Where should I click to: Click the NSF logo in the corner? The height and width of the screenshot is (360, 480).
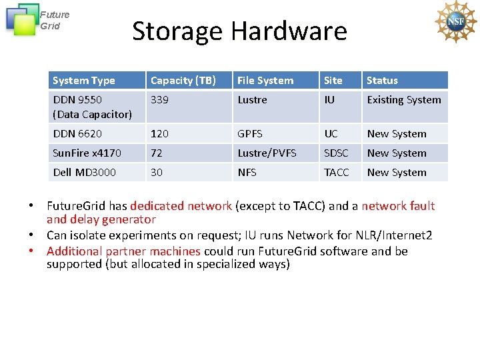[x=456, y=22]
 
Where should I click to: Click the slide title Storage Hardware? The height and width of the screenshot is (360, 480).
[x=239, y=31]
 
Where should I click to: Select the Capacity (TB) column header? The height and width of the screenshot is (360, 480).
[x=183, y=81]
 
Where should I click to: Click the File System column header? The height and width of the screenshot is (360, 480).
[x=265, y=81]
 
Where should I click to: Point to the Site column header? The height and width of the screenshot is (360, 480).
[x=333, y=81]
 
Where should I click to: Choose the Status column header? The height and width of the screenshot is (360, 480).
[x=382, y=81]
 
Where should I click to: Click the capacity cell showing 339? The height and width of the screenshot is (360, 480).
[x=159, y=100]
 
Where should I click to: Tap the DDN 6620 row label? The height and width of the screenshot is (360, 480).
[x=77, y=134]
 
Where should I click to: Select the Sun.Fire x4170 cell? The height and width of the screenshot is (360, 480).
[x=87, y=153]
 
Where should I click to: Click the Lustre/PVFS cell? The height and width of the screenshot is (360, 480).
[x=267, y=153]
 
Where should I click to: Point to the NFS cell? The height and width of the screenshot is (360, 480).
[x=247, y=173]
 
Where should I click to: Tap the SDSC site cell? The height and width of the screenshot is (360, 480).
[x=336, y=153]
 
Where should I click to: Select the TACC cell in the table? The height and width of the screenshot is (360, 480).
[x=336, y=173]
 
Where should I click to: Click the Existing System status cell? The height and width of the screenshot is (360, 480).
[x=404, y=100]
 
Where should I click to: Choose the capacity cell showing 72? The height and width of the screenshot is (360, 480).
[x=157, y=153]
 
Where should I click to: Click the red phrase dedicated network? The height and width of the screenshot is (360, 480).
[x=181, y=206]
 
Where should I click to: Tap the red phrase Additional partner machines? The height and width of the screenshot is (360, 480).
[x=123, y=251]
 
